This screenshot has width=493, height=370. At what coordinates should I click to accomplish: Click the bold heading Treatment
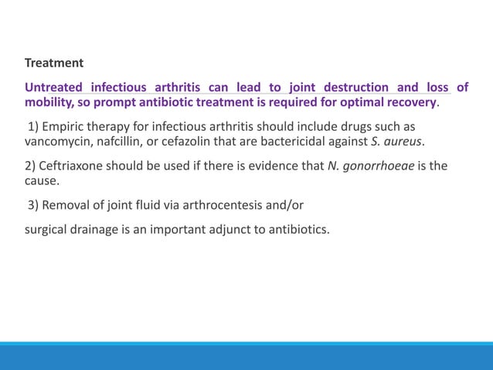[53, 62]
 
